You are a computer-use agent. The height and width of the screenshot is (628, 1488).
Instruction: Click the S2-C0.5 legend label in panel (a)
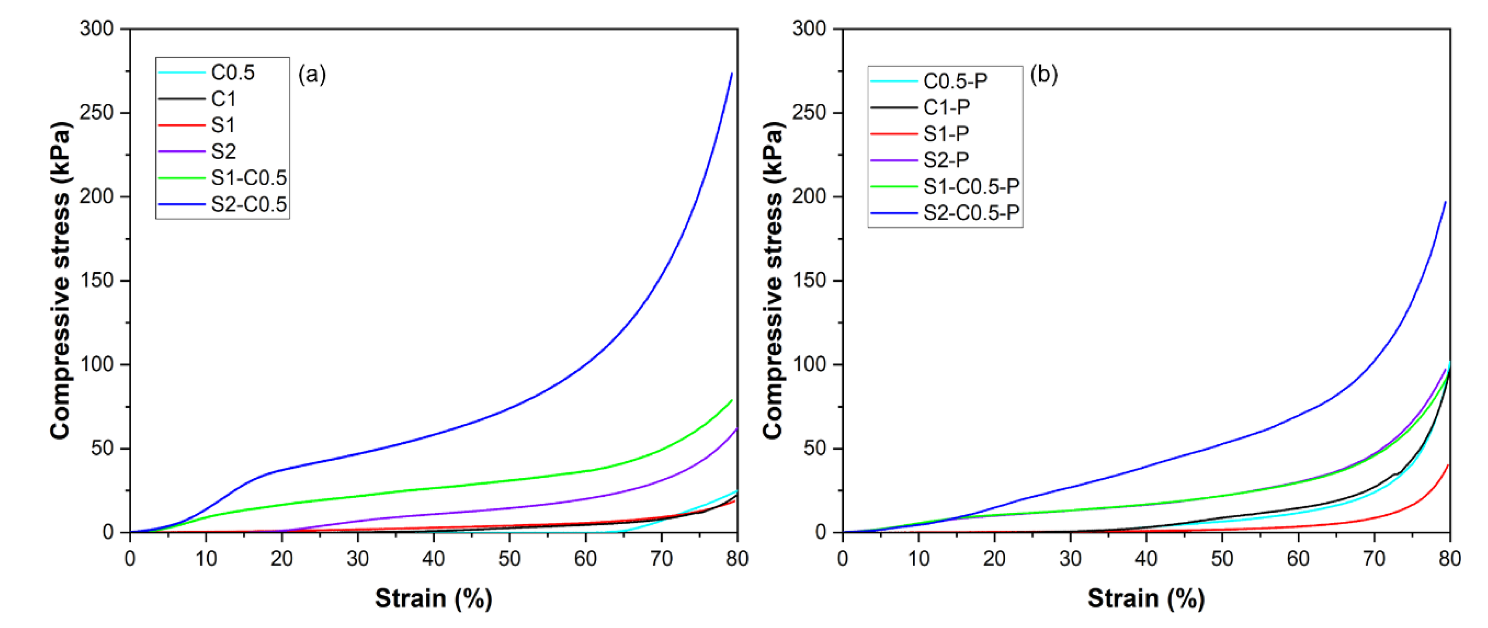[x=248, y=204]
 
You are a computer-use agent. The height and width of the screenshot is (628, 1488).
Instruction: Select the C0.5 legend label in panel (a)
[x=232, y=72]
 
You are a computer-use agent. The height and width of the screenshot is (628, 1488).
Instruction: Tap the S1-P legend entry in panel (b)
[x=946, y=133]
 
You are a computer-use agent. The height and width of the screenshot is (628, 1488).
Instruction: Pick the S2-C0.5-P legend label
[x=971, y=213]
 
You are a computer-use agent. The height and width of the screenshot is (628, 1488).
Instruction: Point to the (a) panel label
[x=312, y=74]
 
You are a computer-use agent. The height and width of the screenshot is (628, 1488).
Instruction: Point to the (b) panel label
[x=1043, y=74]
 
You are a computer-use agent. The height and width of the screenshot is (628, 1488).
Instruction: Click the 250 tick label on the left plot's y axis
[x=97, y=113]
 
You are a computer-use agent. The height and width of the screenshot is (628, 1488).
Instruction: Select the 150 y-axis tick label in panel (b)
[x=809, y=280]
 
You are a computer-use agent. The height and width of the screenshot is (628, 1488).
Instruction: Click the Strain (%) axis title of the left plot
[x=433, y=599]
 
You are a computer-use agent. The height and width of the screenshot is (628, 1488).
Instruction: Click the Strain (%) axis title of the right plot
[x=1146, y=599]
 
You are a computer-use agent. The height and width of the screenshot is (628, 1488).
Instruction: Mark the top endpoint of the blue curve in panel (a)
[x=732, y=74]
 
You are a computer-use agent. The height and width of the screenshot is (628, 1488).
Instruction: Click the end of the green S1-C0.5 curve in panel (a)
[x=732, y=400]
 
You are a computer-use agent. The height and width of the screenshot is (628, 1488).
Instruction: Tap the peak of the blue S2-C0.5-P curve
[x=1445, y=202]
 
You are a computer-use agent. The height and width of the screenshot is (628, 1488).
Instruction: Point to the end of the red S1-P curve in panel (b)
[x=1448, y=465]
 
